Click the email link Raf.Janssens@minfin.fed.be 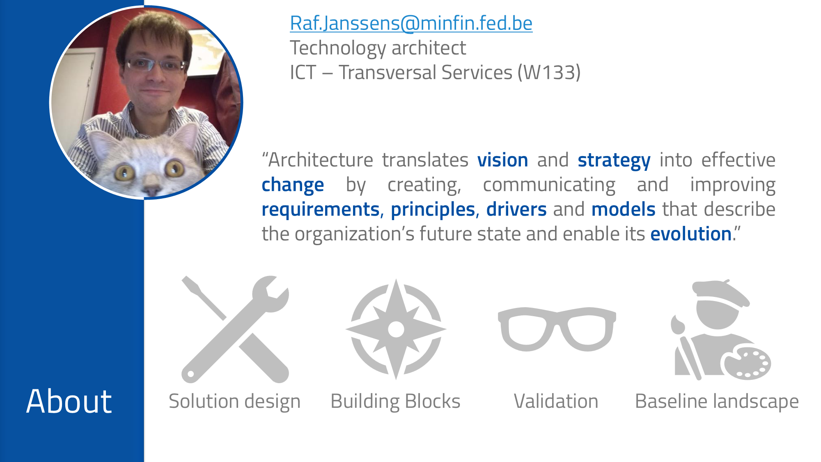[411, 23]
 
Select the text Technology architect [378, 48]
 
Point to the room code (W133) [549, 73]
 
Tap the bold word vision [502, 160]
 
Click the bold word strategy [614, 160]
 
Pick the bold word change [293, 185]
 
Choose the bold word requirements [321, 209]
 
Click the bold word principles [433, 209]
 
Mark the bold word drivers [516, 209]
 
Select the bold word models [623, 209]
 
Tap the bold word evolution [691, 234]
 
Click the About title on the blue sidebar [69, 401]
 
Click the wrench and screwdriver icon [235, 329]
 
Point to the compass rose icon [396, 329]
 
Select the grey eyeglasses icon [557, 329]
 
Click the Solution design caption [234, 401]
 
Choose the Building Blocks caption [395, 401]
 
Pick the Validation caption [556, 401]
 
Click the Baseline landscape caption [717, 401]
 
